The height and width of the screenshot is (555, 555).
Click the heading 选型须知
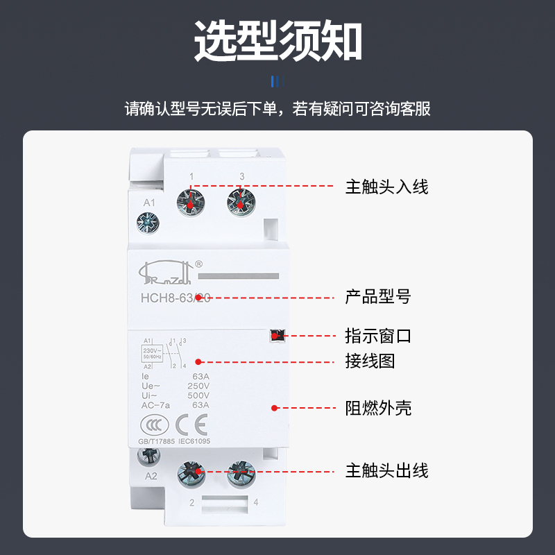click(x=277, y=41)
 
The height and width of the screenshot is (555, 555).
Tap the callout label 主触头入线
click(x=386, y=187)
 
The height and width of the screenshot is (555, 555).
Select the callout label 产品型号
click(x=378, y=297)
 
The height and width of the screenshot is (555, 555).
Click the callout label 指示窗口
click(x=378, y=336)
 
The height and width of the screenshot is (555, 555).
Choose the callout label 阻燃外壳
click(x=378, y=408)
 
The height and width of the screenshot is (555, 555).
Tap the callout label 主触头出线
click(x=386, y=471)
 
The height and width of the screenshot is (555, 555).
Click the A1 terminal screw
click(x=148, y=223)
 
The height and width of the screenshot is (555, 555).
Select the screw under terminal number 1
click(x=191, y=202)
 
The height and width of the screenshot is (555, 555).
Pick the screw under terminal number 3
click(x=240, y=202)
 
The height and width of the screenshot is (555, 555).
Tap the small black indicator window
click(x=276, y=336)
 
